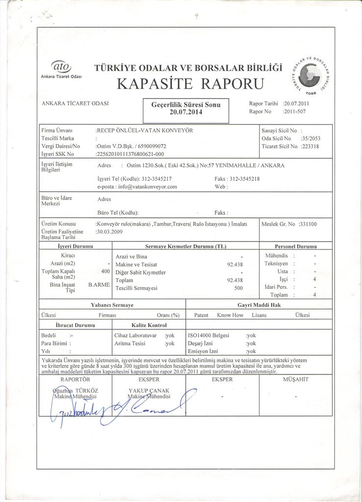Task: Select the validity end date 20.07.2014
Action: point(186,112)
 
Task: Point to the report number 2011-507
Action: point(295,111)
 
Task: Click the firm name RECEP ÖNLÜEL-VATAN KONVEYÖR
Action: point(144,131)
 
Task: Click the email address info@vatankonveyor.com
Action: point(144,187)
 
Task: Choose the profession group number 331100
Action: point(308,224)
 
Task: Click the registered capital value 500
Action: point(238,288)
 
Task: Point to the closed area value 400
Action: point(105,271)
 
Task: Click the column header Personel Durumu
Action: point(295,246)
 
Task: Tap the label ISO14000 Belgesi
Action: point(208,335)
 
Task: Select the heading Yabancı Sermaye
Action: point(112,305)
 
